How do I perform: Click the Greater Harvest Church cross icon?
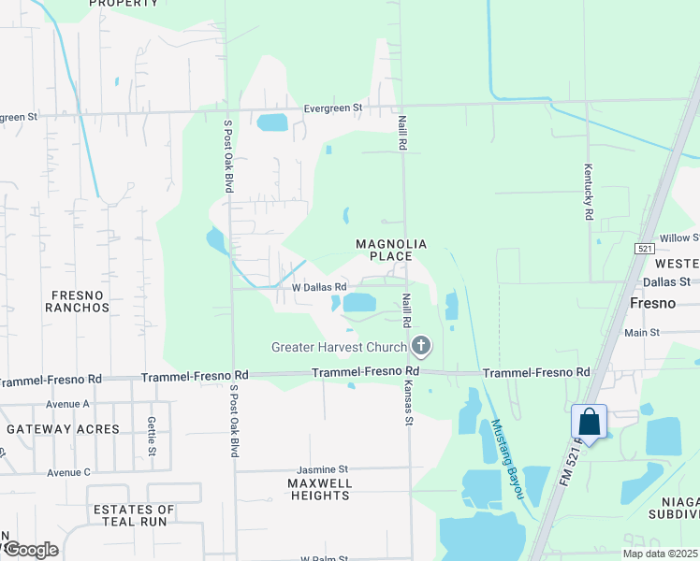coord(421,348)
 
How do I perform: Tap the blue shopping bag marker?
coord(590,423)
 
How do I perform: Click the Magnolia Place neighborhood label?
coord(391,250)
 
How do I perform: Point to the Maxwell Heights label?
coord(319,489)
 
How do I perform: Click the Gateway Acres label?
coord(63,429)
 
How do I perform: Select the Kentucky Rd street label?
coord(589,191)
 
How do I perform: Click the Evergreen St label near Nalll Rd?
coord(332,108)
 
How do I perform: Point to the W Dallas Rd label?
coord(320,287)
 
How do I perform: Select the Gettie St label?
coord(152,437)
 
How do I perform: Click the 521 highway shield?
coord(643,249)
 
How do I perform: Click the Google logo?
coord(31,550)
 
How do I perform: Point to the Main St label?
coord(642,332)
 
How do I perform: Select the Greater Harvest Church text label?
coord(339,348)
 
